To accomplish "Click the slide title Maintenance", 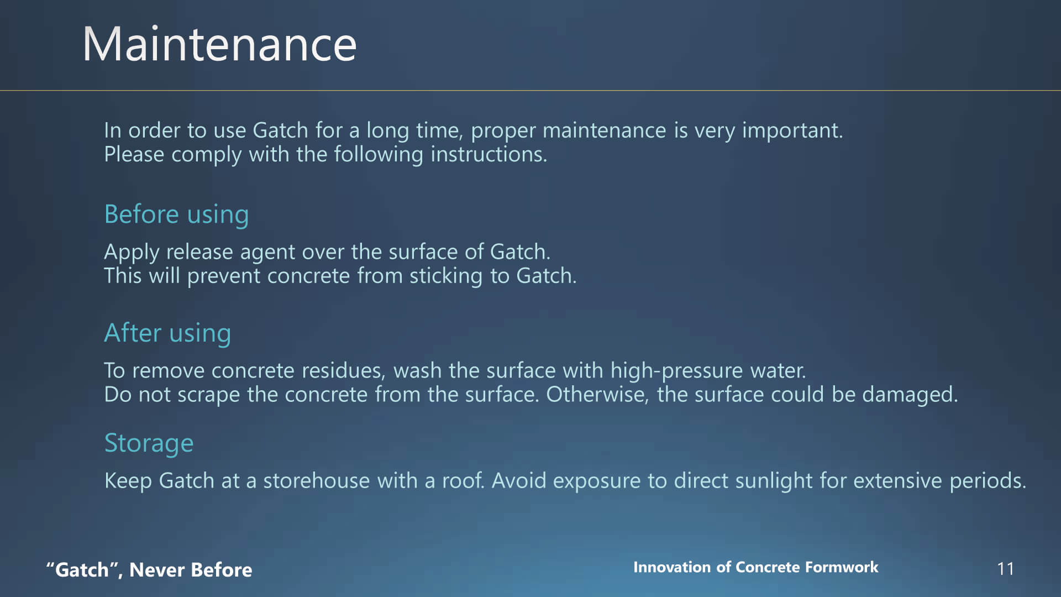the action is click(219, 44).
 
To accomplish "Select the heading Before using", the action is click(176, 214).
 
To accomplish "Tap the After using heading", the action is click(167, 333).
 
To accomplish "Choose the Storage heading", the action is click(149, 443).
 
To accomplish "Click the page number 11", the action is click(1006, 569).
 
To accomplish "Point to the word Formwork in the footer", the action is click(842, 567).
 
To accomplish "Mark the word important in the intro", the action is click(792, 130).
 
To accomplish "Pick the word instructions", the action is click(489, 154).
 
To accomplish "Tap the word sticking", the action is click(446, 276).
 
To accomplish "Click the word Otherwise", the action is click(597, 395).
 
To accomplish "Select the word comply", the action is click(206, 155).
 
